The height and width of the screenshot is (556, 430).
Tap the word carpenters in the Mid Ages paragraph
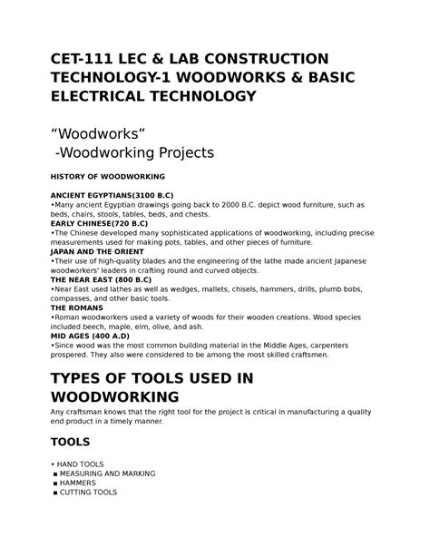[x=341, y=347]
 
